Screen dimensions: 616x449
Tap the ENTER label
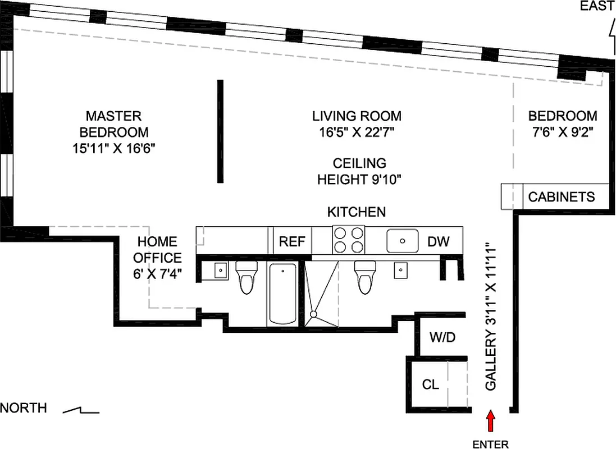[490, 445]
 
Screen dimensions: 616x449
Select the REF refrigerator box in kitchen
[292, 242]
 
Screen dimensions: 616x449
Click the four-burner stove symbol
[348, 240]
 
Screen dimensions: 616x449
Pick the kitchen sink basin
[403, 241]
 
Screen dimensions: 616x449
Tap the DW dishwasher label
[439, 242]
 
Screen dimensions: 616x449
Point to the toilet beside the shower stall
[365, 277]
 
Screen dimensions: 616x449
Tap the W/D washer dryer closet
[442, 338]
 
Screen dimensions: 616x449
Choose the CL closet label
[431, 385]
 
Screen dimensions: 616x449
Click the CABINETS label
[562, 197]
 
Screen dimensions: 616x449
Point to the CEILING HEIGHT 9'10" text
[359, 172]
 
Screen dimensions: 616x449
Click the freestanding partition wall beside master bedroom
[221, 131]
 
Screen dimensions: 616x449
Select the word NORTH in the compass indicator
[24, 408]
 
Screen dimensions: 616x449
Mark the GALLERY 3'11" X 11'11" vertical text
[491, 317]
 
